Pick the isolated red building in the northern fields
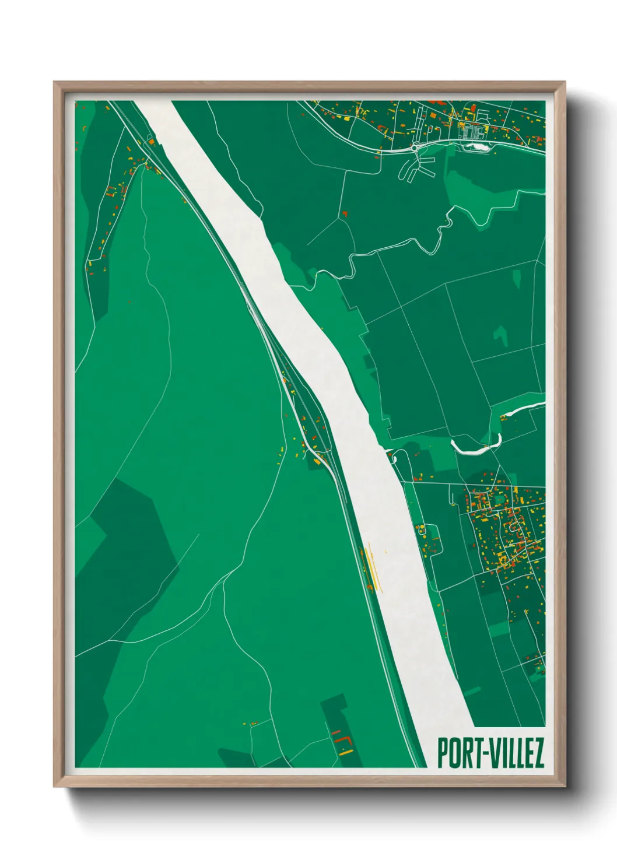tap(345, 214)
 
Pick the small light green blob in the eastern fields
tap(500, 335)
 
